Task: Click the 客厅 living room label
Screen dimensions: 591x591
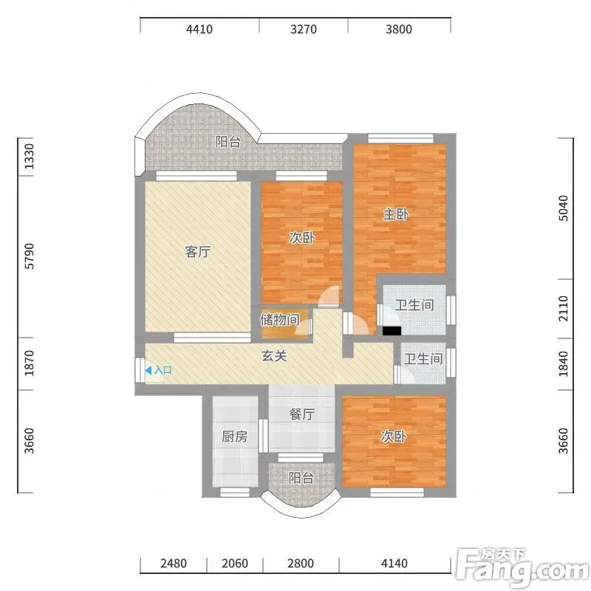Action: [x=198, y=251]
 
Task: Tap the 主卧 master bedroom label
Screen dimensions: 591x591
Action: [x=396, y=214]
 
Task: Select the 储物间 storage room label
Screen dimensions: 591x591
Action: [x=280, y=320]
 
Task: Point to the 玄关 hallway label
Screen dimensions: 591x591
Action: [x=274, y=356]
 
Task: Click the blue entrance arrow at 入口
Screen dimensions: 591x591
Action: [x=148, y=371]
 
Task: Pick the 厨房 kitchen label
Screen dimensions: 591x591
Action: [x=234, y=437]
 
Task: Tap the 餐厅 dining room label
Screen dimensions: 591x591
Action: [x=302, y=414]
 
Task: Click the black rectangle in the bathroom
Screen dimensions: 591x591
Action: [x=392, y=330]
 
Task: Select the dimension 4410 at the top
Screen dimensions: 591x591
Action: [x=199, y=29]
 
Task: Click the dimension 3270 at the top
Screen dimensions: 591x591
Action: [x=304, y=29]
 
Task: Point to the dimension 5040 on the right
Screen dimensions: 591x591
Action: [x=563, y=208]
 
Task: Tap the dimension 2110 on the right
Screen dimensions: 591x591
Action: [x=563, y=308]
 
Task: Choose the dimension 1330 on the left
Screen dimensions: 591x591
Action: [x=29, y=156]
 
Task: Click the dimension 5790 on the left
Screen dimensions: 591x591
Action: [x=29, y=256]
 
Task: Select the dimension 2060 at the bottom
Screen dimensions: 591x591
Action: [x=235, y=564]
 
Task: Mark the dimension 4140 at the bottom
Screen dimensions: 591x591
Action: [x=394, y=564]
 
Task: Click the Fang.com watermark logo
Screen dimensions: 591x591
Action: [x=522, y=568]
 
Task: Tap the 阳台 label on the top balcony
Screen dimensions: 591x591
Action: [x=228, y=142]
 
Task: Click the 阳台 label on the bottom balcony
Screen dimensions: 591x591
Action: [x=301, y=478]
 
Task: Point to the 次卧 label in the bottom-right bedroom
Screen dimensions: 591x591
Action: [x=394, y=437]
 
